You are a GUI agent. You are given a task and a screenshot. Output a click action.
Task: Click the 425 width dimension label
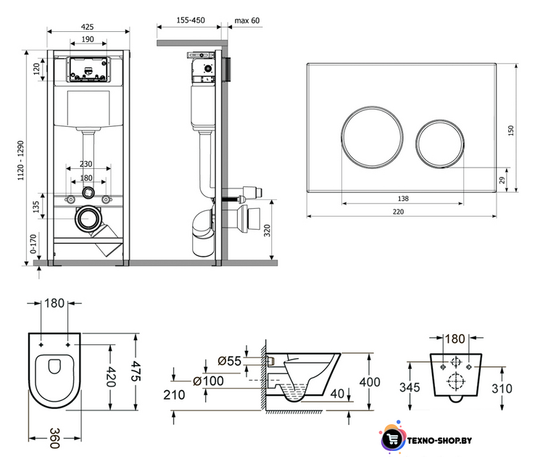pyautogui.click(x=87, y=27)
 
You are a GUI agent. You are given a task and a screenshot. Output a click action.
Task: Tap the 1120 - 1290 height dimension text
pyautogui.click(x=21, y=160)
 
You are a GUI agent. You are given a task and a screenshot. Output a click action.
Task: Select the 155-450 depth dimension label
pyautogui.click(x=191, y=20)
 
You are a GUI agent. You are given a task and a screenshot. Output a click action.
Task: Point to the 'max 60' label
pyautogui.click(x=247, y=20)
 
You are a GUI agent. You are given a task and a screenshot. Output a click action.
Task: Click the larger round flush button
pyautogui.click(x=341, y=138)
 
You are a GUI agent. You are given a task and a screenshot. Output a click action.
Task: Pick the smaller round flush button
pyautogui.click(x=416, y=144)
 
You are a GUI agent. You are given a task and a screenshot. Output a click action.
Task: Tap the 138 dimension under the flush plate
pyautogui.click(x=403, y=199)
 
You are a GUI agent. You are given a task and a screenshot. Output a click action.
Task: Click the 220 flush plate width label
pyautogui.click(x=398, y=212)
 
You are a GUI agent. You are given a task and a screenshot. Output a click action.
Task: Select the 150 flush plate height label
pyautogui.click(x=511, y=130)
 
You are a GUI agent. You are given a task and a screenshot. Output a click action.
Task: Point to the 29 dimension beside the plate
pyautogui.click(x=502, y=180)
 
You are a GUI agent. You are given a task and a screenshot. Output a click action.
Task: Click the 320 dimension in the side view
pyautogui.click(x=267, y=231)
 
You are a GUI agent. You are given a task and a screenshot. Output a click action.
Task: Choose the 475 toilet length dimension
pyautogui.click(x=136, y=371)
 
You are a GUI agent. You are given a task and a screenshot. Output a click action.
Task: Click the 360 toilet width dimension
pyautogui.click(x=55, y=438)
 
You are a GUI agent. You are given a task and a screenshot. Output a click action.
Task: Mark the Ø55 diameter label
pyautogui.click(x=229, y=360)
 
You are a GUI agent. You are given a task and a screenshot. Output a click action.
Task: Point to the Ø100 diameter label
pyautogui.click(x=208, y=381)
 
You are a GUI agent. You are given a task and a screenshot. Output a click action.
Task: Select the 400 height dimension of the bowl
pyautogui.click(x=370, y=382)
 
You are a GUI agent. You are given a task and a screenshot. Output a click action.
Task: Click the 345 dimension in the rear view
pyautogui.click(x=410, y=387)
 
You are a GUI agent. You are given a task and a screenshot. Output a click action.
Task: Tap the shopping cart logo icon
pyautogui.click(x=392, y=439)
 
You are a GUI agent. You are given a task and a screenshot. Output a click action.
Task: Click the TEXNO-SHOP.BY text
pyautogui.click(x=439, y=441)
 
